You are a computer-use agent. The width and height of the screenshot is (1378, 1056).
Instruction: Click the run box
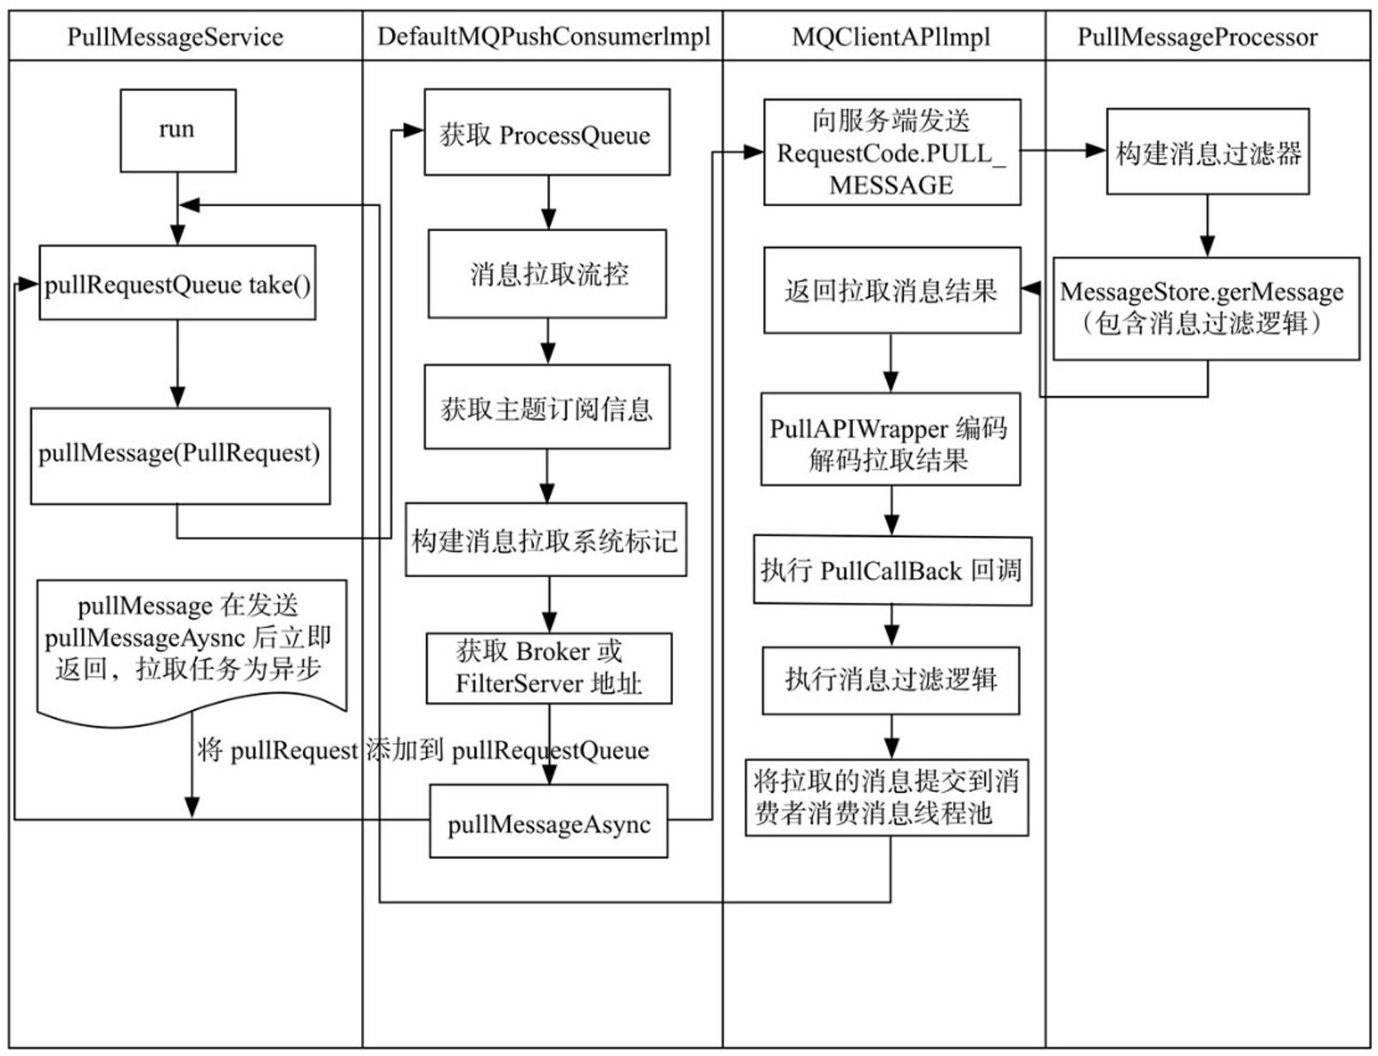pyautogui.click(x=178, y=130)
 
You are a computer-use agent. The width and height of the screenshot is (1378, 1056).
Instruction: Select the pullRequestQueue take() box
pyautogui.click(x=177, y=282)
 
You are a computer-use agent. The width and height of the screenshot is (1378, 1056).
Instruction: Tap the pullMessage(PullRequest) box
pyautogui.click(x=181, y=456)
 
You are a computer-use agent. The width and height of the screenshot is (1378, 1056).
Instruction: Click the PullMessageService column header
pyautogui.click(x=176, y=37)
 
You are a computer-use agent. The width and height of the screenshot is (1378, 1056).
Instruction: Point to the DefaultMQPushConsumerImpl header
pyautogui.click(x=544, y=37)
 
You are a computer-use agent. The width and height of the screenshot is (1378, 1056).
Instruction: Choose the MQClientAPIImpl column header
pyautogui.click(x=891, y=37)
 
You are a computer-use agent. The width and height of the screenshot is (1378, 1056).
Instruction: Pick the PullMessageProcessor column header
pyautogui.click(x=1197, y=37)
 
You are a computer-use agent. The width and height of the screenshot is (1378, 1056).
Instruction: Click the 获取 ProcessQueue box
pyautogui.click(x=547, y=132)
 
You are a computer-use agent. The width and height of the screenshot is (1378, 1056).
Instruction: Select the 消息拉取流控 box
pyautogui.click(x=548, y=273)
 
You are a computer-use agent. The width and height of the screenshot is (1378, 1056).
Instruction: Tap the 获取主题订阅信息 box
pyautogui.click(x=547, y=407)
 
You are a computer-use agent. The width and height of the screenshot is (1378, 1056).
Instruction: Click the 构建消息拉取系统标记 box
pyautogui.click(x=546, y=539)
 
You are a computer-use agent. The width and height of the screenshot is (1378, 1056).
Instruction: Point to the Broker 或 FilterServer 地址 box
pyautogui.click(x=549, y=668)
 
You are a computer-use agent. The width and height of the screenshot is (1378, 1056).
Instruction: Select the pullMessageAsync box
pyautogui.click(x=549, y=821)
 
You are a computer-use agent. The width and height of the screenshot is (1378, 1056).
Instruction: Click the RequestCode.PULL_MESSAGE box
pyautogui.click(x=892, y=152)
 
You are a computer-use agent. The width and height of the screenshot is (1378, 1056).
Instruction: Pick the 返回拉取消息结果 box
pyautogui.click(x=892, y=290)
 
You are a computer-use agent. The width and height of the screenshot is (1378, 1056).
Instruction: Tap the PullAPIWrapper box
pyautogui.click(x=890, y=439)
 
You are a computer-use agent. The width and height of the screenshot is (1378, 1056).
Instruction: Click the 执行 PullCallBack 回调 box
pyautogui.click(x=893, y=570)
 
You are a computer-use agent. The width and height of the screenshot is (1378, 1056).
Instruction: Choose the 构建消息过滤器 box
pyautogui.click(x=1209, y=152)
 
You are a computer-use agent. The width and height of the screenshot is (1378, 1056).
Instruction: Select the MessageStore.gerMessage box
pyautogui.click(x=1206, y=309)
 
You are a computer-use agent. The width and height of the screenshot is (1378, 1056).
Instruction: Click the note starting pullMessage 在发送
pyautogui.click(x=192, y=648)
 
